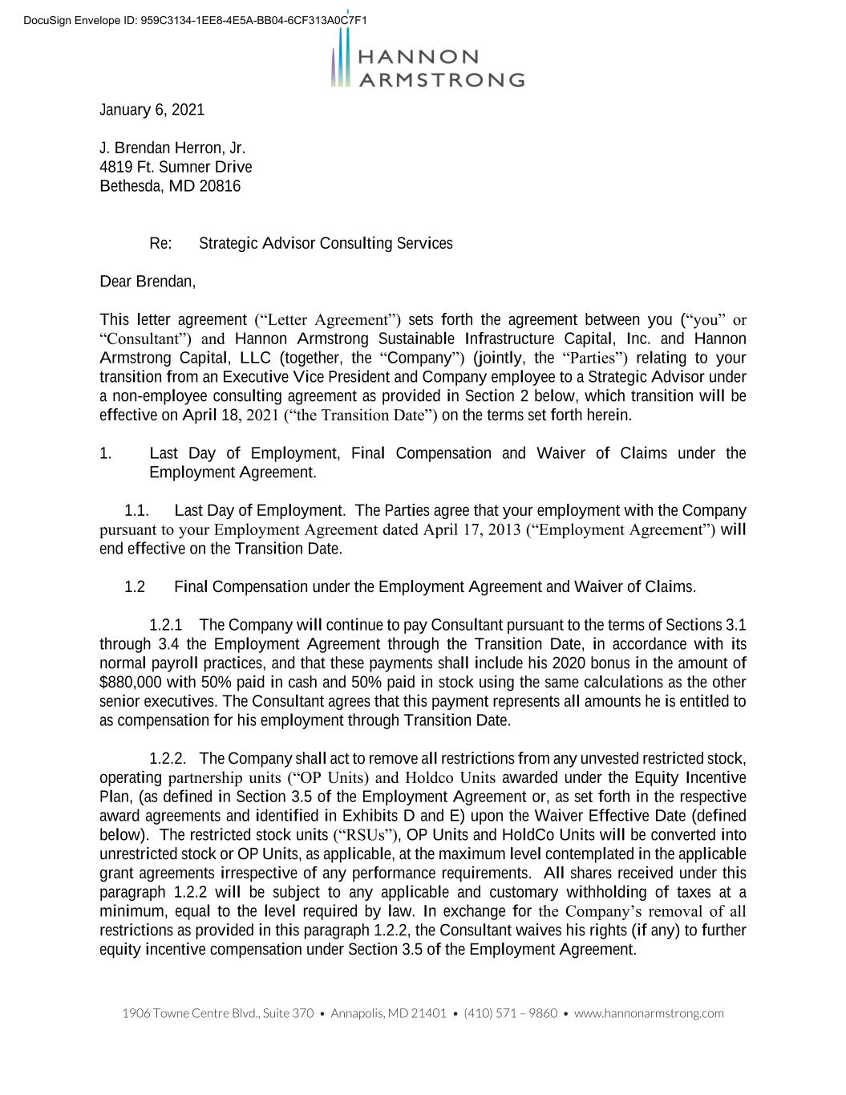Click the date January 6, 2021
152,110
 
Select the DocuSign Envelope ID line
195,20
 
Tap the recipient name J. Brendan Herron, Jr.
172,148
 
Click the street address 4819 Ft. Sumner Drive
176,168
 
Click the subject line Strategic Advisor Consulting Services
326,244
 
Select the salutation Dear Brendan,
148,282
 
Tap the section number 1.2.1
166,625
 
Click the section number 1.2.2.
168,759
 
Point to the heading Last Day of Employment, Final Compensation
321,454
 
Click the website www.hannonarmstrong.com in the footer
649,1013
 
